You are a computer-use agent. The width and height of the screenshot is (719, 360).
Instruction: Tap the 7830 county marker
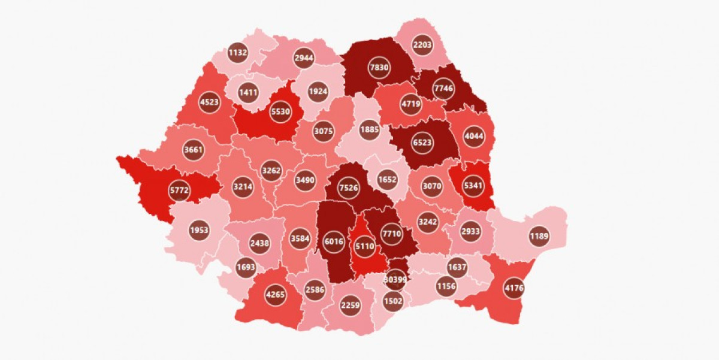(379, 68)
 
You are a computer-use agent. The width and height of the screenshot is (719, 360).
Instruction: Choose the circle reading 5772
(162, 191)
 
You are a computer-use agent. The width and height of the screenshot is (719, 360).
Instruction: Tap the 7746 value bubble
(444, 88)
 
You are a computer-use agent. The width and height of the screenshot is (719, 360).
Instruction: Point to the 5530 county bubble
(280, 112)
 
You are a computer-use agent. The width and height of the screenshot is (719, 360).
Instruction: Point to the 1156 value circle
(446, 286)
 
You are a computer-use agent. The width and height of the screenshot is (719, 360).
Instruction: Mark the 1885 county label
(369, 129)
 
